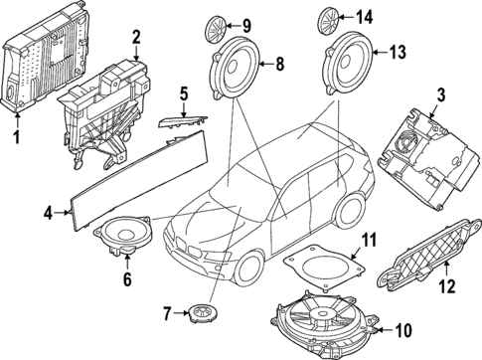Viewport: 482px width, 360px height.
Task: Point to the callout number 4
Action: [x=48, y=211]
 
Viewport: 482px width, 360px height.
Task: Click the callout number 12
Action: [x=445, y=287]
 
